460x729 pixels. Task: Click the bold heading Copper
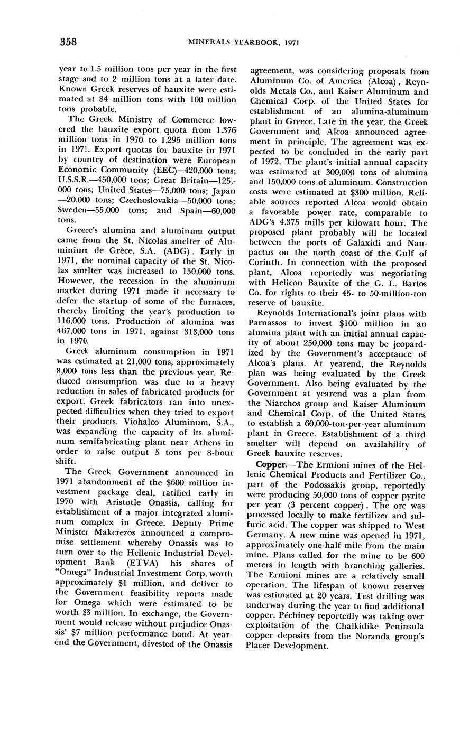[x=270, y=464]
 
